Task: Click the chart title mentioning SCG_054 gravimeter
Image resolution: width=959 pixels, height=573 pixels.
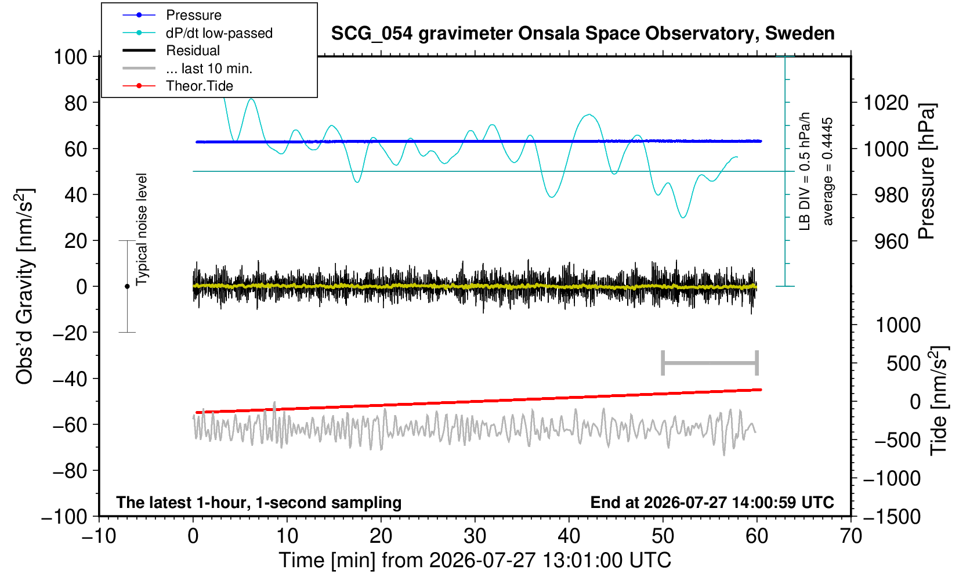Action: point(582,34)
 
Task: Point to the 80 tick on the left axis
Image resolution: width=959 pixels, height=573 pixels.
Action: point(76,103)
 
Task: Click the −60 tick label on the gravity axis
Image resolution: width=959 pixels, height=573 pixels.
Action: point(70,425)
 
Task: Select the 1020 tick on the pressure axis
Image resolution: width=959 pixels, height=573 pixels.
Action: point(886,103)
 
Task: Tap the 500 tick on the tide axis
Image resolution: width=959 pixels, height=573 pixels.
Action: point(903,364)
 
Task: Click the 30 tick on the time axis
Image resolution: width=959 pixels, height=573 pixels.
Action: point(475,536)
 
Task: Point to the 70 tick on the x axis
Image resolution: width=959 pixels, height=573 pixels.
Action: point(851,536)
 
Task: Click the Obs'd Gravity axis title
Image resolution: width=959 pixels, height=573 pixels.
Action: point(25,286)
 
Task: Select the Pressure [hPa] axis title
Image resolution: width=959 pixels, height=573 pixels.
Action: point(927,171)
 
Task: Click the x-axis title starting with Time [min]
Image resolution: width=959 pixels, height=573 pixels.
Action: point(475,560)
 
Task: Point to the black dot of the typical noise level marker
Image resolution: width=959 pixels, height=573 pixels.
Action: point(127,286)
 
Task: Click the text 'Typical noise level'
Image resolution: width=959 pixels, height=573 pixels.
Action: point(142,229)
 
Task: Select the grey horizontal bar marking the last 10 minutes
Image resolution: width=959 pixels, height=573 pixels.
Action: point(710,363)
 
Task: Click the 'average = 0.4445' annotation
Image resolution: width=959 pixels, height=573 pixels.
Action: point(828,171)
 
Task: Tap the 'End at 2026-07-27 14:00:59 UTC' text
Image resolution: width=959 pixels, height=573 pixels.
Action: point(712,502)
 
